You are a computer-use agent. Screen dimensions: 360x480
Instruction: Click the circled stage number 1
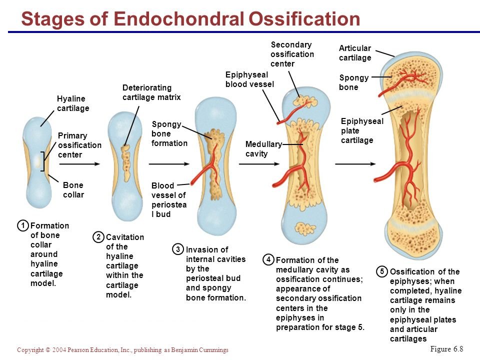pos(23,225)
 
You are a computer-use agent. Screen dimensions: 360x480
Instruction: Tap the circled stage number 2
pos(99,236)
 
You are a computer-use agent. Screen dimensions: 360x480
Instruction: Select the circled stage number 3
pos(177,249)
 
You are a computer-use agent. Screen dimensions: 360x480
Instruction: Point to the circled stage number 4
pos(268,259)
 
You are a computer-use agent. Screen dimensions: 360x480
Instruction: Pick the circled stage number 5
pos(381,271)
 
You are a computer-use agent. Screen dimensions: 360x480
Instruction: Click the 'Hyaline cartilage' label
pos(72,103)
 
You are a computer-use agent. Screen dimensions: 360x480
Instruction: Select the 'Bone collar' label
pos(73,189)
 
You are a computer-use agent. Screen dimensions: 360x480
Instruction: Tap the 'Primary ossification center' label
pos(79,145)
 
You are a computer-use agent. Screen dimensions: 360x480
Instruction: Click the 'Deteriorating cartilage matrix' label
pos(151,92)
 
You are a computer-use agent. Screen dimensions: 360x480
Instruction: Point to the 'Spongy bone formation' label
pos(169,133)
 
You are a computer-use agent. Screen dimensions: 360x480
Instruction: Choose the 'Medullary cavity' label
pos(263,149)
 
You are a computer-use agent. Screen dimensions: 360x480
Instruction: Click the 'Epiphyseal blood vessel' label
pos(249,79)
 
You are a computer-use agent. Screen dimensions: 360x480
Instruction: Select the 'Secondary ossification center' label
pos(292,54)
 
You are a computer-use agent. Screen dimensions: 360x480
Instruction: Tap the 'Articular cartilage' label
pos(355,53)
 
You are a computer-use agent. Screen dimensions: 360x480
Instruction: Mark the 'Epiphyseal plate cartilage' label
pos(362,130)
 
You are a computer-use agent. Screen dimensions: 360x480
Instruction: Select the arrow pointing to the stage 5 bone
pos(355,163)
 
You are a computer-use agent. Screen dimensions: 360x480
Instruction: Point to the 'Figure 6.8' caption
pos(446,348)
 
